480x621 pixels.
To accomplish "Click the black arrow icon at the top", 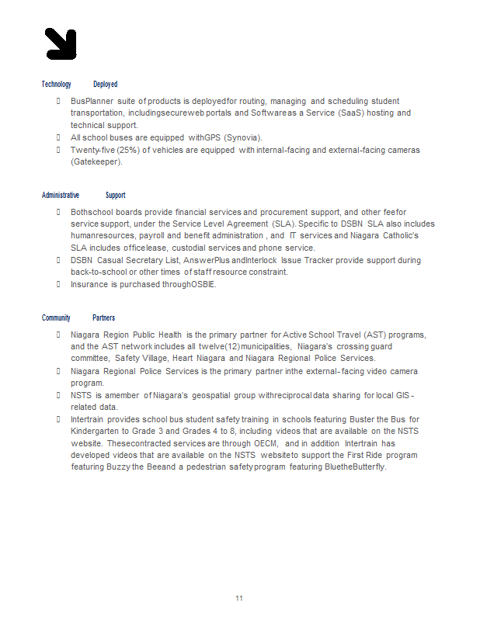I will click(x=61, y=43).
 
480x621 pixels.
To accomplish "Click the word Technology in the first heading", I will click(x=56, y=85).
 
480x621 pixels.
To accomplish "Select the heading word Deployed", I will click(x=105, y=85).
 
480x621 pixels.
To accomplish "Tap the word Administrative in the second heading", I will click(x=61, y=196).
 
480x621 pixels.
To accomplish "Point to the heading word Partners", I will click(x=103, y=318).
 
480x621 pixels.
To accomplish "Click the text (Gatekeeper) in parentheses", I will click(x=96, y=162).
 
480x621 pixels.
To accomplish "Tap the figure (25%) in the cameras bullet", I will click(x=127, y=151).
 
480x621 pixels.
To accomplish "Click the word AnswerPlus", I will click(x=207, y=261).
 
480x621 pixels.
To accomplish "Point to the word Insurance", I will click(x=89, y=285).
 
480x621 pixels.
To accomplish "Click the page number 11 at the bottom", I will click(x=239, y=598).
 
